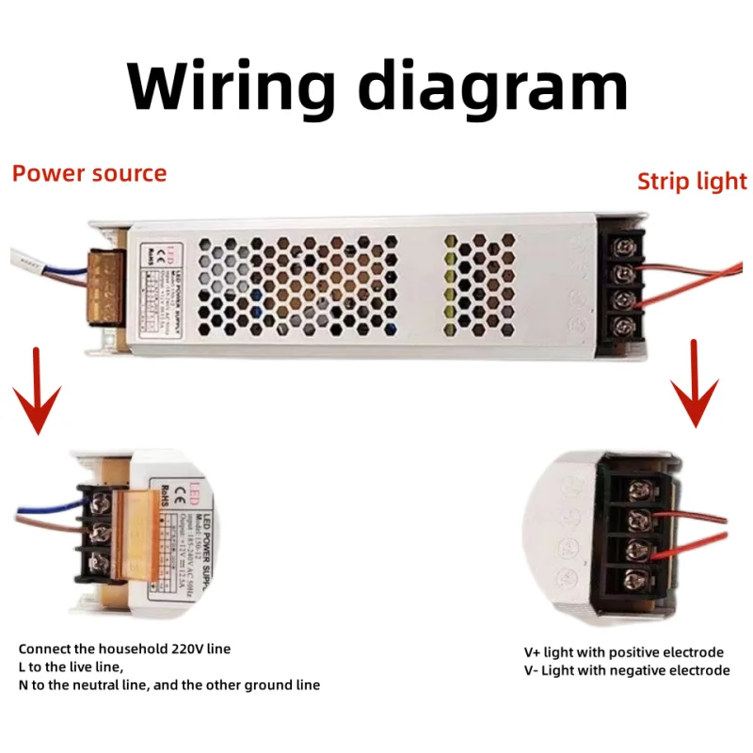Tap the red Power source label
(89, 173)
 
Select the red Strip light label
(692, 181)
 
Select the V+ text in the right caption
(534, 652)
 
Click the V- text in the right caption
(533, 670)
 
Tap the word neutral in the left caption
(104, 684)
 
